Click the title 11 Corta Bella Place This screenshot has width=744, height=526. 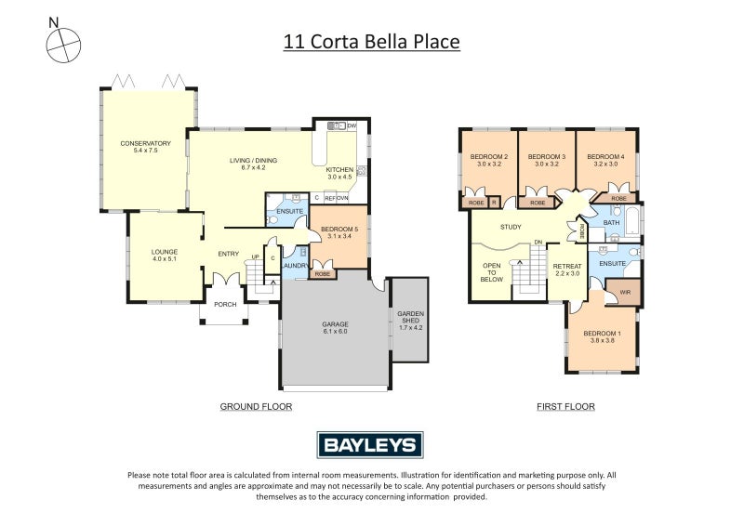pyautogui.click(x=371, y=42)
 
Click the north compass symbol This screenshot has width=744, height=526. pyautogui.click(x=61, y=41)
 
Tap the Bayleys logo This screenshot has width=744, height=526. pyautogui.click(x=371, y=444)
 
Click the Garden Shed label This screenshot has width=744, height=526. pyautogui.click(x=410, y=320)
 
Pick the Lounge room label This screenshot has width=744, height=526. pyautogui.click(x=165, y=255)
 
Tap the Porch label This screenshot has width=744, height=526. pyautogui.click(x=225, y=304)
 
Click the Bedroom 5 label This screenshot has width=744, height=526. pyautogui.click(x=339, y=232)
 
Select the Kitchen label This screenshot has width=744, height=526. pyautogui.click(x=339, y=173)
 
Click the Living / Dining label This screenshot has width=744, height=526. pyautogui.click(x=254, y=164)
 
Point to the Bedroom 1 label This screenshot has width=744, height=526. pyautogui.click(x=601, y=336)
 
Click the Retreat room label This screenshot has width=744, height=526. pyautogui.click(x=567, y=269)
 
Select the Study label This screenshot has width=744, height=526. pyautogui.click(x=511, y=227)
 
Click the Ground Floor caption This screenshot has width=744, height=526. pyautogui.click(x=256, y=406)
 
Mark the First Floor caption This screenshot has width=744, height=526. pyautogui.click(x=565, y=406)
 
